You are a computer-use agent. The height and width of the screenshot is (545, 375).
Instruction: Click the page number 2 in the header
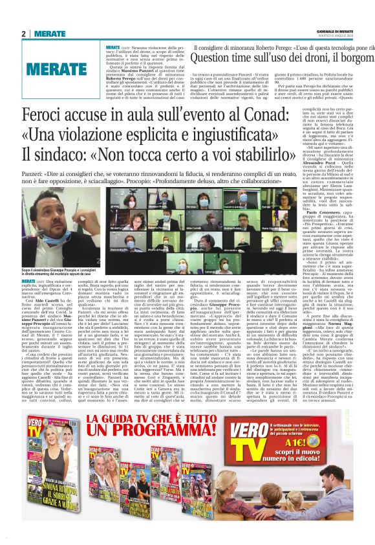pyautogui.click(x=24, y=34)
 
